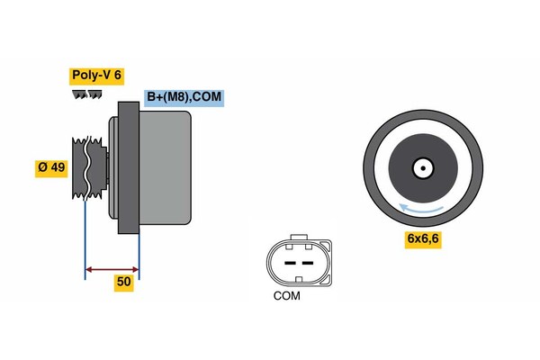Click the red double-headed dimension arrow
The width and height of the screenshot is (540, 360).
(x=112, y=268)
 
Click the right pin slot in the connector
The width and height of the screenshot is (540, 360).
(x=308, y=261)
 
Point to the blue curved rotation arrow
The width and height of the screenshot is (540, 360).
(x=422, y=209)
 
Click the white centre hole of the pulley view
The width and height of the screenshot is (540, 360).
(x=422, y=167)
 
